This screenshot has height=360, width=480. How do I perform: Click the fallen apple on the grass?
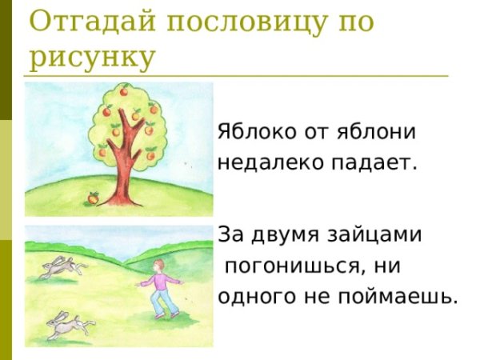coord(93,196)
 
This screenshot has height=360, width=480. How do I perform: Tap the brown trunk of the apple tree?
coord(121,172)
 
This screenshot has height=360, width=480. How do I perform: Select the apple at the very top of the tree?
coord(124,91)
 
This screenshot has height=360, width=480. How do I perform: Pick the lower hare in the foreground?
coord(67,324)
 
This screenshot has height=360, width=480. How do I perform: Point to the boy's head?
coord(160,266)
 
